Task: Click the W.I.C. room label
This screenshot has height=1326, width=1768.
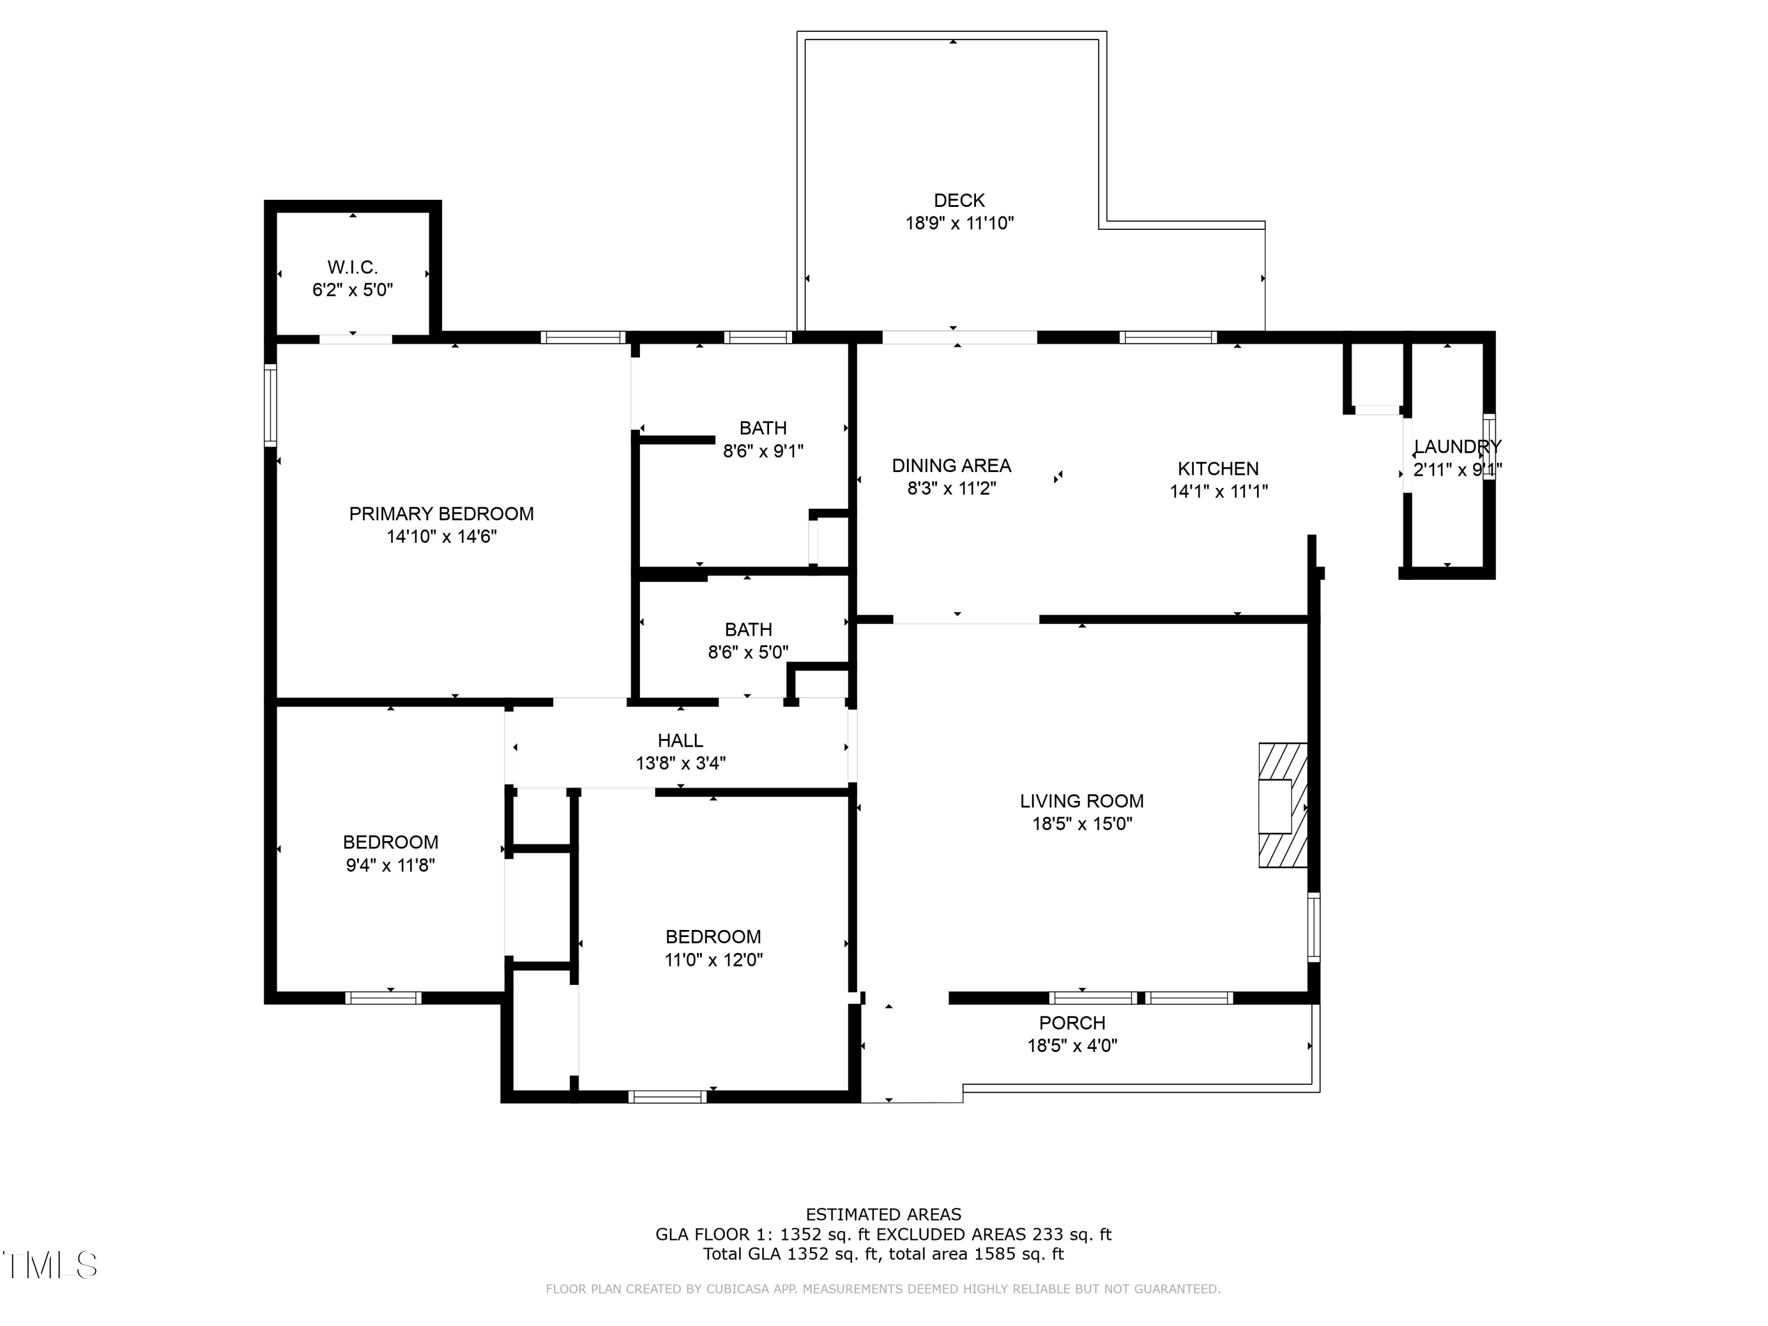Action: click(x=352, y=267)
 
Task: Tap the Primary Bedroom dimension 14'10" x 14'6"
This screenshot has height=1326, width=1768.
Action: click(x=441, y=536)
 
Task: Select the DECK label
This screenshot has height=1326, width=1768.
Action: click(x=959, y=200)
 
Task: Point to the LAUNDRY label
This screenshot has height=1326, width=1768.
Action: click(x=1457, y=447)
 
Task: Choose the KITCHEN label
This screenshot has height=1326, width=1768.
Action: click(x=1218, y=469)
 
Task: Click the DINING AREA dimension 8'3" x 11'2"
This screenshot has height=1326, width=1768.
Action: click(x=951, y=489)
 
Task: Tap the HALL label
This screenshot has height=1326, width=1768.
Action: click(x=680, y=741)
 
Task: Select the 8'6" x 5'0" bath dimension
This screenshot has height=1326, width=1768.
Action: click(x=748, y=652)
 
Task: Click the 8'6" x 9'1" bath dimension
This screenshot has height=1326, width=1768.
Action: click(x=763, y=451)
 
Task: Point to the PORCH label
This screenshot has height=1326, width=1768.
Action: click(x=1072, y=1023)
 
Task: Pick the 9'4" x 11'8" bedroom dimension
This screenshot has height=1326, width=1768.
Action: click(x=390, y=865)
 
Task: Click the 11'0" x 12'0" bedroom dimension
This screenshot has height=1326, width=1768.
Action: click(x=713, y=960)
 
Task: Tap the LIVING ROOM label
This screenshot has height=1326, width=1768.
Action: click(x=1081, y=801)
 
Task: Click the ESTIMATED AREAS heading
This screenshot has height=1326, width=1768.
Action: click(x=883, y=1215)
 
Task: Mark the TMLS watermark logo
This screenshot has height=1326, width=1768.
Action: click(x=50, y=1265)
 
